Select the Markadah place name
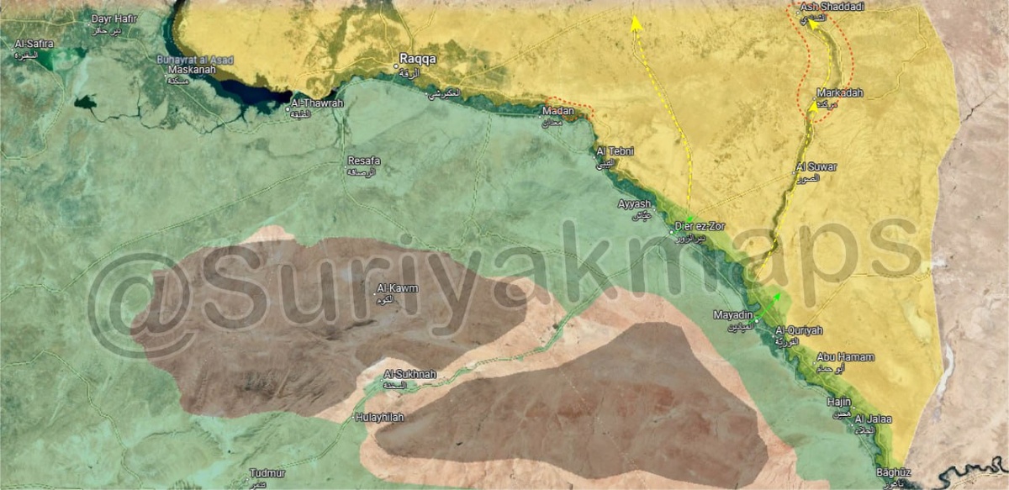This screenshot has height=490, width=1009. [x=839, y=93]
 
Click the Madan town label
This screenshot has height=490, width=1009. [x=557, y=111]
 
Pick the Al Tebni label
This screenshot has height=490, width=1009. [x=614, y=151]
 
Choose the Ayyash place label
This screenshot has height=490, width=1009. [x=635, y=204]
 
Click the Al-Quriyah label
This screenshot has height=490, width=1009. [x=798, y=329]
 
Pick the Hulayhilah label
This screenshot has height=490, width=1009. [x=379, y=416]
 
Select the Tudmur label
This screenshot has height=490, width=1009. [x=267, y=474]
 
